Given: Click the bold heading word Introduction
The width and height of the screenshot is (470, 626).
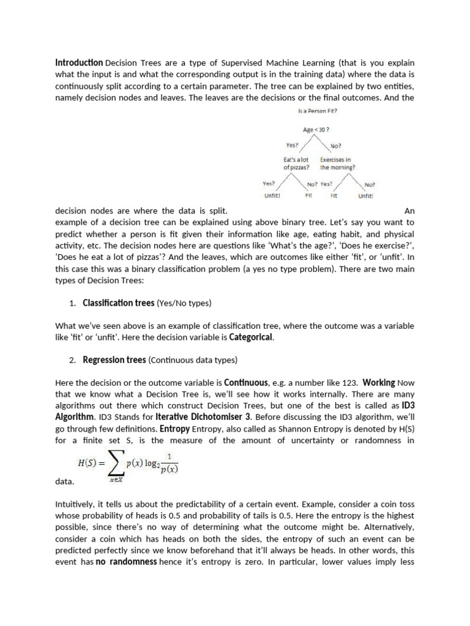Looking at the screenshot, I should (79, 62).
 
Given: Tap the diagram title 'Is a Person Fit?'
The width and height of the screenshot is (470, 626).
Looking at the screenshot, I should (316, 111).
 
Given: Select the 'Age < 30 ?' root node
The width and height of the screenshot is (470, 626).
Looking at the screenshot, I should (316, 130).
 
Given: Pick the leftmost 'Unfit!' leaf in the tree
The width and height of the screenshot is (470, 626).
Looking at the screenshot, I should (272, 196).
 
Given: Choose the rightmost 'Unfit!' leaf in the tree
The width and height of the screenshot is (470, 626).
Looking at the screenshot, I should (366, 196).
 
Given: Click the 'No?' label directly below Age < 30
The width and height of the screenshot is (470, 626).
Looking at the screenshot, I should (336, 145).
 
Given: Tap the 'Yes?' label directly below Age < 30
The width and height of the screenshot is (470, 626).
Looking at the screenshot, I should (293, 145).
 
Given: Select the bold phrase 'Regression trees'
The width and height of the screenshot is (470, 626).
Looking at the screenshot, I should (114, 360).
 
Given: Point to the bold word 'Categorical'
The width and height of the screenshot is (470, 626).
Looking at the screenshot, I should (251, 337).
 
